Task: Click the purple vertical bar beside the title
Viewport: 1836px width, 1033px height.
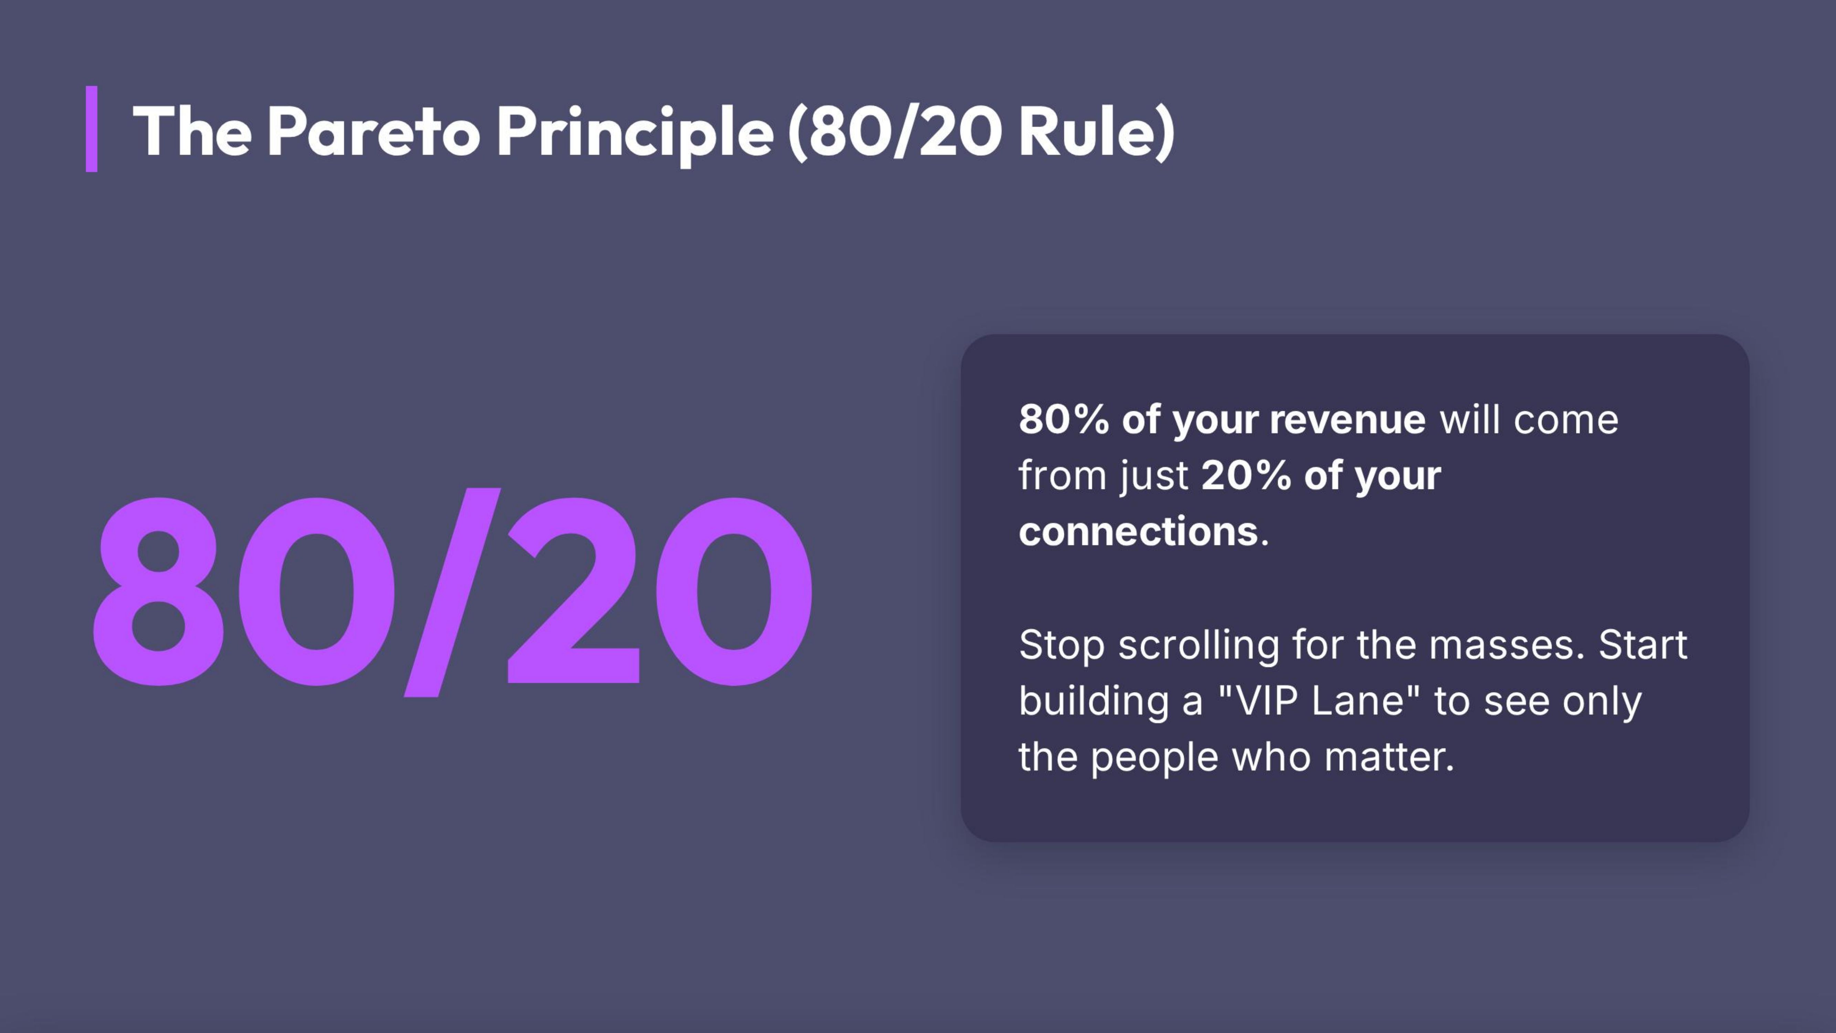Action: (91, 129)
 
